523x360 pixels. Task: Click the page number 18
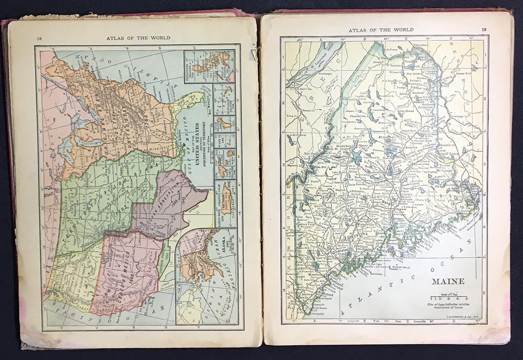39,39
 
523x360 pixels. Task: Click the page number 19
484,30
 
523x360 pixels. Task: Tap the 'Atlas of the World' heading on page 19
381,30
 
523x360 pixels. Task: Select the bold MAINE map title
448,281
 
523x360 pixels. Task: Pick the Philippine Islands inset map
210,66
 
